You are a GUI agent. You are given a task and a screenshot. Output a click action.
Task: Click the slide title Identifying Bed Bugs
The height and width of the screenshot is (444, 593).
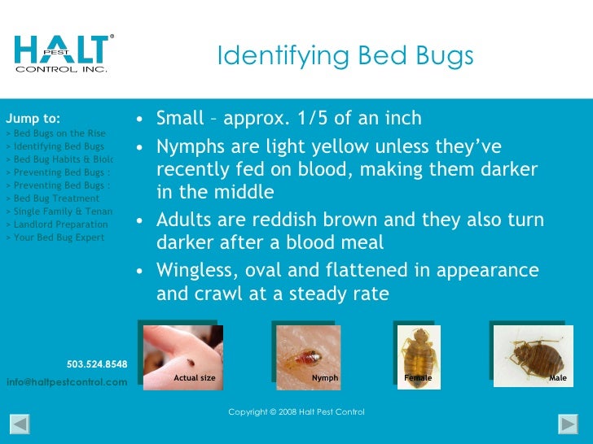pos(345,56)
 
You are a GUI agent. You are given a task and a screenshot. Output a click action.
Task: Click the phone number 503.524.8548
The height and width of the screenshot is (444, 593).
pos(97,364)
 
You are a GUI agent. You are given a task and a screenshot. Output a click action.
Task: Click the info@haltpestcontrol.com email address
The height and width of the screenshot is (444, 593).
pos(67,382)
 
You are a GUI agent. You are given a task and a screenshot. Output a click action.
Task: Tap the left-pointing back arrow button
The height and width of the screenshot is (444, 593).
pos(20,424)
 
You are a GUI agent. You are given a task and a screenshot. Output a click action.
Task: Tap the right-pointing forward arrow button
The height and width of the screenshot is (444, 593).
pos(568,424)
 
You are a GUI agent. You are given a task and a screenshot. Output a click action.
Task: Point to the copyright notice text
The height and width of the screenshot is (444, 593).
pos(296,412)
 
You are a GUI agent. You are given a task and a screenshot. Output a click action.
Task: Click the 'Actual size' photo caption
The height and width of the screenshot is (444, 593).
pos(195,378)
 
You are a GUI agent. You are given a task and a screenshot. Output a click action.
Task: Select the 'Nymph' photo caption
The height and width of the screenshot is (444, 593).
pos(325,378)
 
